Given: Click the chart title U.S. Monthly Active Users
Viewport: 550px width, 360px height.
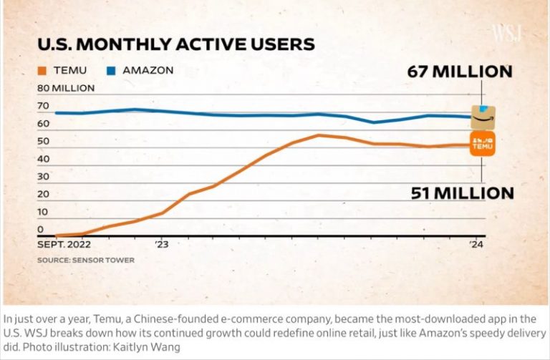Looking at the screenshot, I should (175, 44).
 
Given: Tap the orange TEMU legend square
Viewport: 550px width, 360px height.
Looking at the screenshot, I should (42, 71).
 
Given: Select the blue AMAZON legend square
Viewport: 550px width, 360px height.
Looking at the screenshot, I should (112, 71).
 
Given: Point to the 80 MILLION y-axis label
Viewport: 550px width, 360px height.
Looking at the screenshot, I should (66, 89).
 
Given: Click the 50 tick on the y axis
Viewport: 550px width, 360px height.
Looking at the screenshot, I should (44, 141).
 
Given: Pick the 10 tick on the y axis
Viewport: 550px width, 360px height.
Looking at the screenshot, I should (43, 212).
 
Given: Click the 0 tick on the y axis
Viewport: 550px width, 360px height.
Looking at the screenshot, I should (40, 230).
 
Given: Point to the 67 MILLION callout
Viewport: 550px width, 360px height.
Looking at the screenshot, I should (460, 72).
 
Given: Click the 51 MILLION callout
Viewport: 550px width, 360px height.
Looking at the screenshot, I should (462, 193).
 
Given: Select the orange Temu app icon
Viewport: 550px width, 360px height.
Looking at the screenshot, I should (483, 144).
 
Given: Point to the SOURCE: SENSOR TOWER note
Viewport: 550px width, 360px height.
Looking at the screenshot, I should (85, 260).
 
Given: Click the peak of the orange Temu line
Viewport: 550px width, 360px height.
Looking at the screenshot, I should (319, 135).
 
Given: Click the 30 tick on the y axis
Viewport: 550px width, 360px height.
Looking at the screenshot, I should (44, 177).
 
